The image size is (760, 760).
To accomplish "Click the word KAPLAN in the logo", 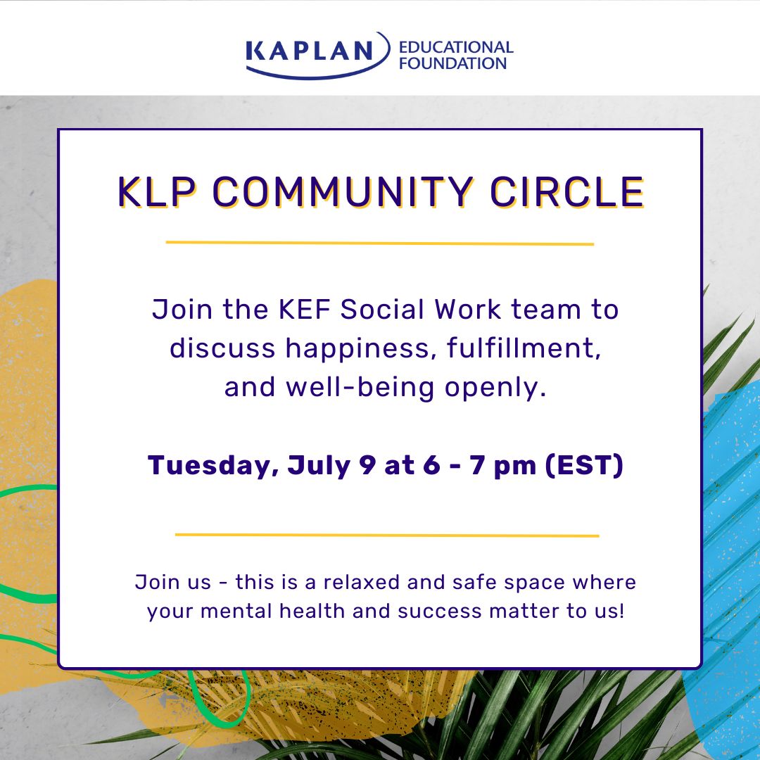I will (310, 51).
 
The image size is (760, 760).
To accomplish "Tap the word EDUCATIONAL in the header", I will (456, 48).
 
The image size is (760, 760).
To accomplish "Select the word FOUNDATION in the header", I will (452, 63).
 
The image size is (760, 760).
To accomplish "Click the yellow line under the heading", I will (380, 243).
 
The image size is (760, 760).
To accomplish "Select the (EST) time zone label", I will (584, 467).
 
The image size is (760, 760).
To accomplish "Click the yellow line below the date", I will (386, 535).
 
